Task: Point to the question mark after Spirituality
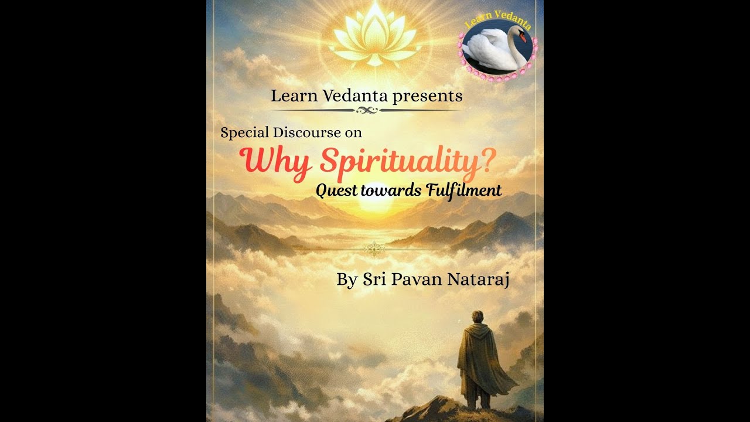(485, 161)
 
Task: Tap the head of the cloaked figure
(478, 317)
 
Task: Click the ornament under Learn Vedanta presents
(366, 110)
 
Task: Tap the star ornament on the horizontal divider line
(373, 249)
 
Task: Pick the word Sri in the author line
(372, 280)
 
